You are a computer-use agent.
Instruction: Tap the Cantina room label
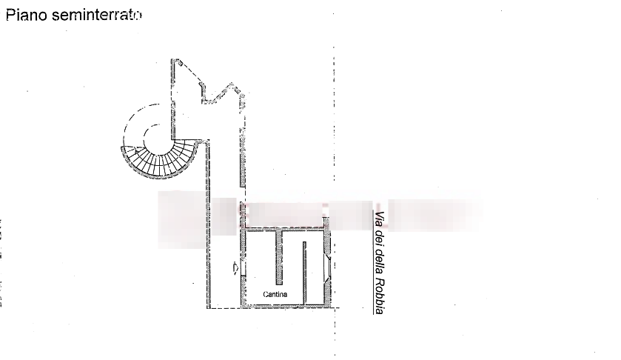coord(275,295)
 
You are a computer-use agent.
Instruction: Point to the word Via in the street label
coord(380,220)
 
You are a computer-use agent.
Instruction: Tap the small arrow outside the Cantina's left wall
coord(235,267)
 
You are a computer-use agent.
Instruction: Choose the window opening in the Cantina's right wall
coord(328,267)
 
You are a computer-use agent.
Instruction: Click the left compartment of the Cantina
coord(261,263)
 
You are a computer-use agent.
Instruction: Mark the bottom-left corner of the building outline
coord(207,306)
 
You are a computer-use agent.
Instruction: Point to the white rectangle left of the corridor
coord(181,219)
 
